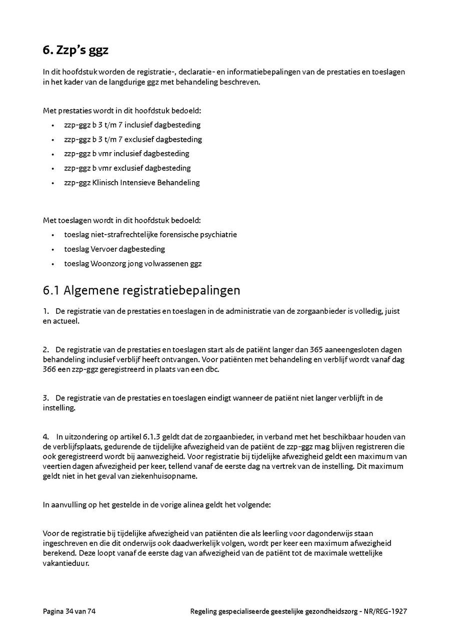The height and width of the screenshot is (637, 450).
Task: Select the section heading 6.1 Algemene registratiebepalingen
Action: click(x=141, y=290)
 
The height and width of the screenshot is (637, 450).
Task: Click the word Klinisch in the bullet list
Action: click(x=105, y=183)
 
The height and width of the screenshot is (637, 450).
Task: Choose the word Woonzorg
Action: click(x=108, y=263)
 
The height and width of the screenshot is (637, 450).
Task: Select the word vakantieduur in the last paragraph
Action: click(x=65, y=563)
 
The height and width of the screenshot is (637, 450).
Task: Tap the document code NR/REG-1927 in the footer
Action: click(x=386, y=611)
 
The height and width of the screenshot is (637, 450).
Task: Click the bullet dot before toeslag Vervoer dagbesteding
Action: click(x=52, y=249)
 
